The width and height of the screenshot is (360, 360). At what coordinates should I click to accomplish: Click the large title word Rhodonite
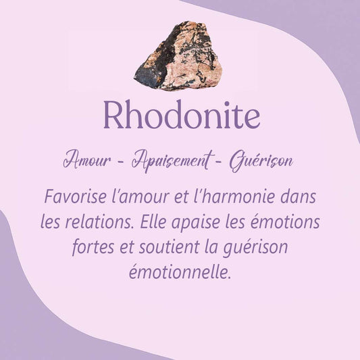tap(181, 115)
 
